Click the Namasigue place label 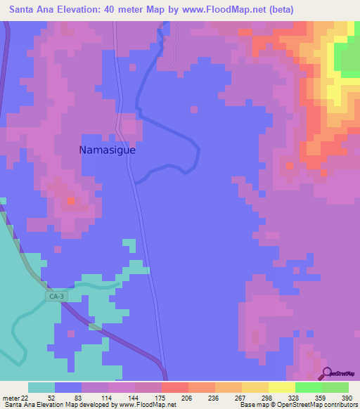coord(107,150)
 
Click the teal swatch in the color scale coord(41,387)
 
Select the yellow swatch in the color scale coord(281,387)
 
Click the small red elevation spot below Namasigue coord(70,202)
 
